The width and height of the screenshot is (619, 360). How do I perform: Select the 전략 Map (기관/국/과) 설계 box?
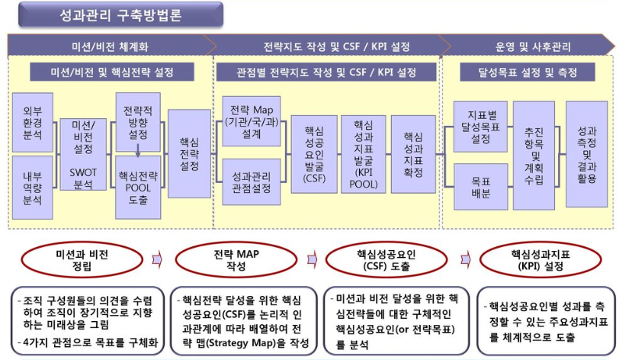point(250,121)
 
